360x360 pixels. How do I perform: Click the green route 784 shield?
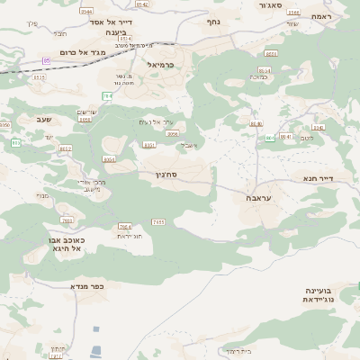107,94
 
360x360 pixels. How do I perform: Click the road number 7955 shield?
66,220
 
